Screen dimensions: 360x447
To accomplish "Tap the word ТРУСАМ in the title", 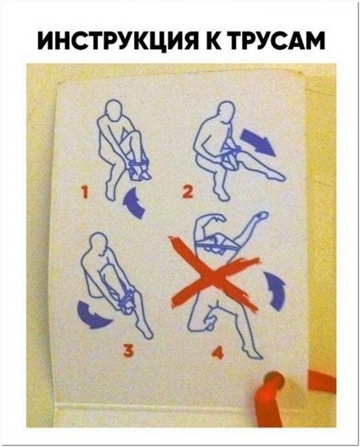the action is coord(277,41).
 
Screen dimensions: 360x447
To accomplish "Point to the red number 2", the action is coord(188,192).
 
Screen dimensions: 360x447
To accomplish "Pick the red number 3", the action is coord(128,350).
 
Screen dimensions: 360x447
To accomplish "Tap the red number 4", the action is coord(218,353).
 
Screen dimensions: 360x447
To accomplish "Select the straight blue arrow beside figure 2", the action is coord(258,142).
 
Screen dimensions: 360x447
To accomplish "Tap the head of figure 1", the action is coord(114,109).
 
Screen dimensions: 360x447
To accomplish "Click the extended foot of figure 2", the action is coord(276,177).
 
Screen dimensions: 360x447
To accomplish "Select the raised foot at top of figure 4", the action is coord(262,215).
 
